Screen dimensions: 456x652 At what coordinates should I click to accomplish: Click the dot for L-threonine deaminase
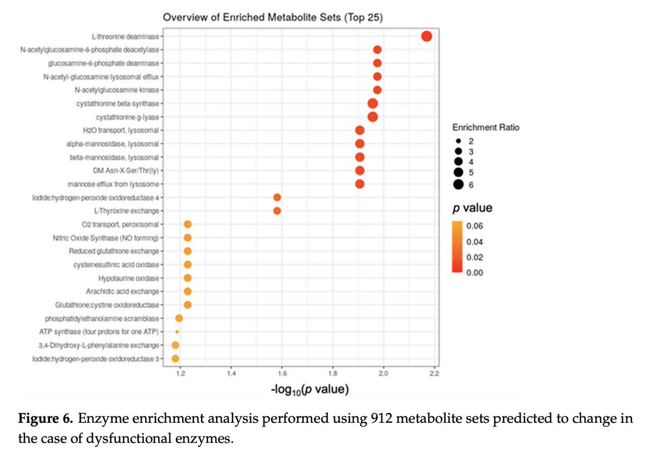click(x=427, y=36)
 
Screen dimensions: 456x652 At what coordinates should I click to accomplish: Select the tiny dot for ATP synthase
click(x=177, y=332)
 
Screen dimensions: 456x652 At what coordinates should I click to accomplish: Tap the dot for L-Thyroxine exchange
click(x=277, y=211)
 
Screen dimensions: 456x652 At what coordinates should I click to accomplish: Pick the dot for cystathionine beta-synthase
click(x=373, y=103)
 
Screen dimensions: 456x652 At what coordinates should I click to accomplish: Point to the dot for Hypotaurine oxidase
click(x=187, y=278)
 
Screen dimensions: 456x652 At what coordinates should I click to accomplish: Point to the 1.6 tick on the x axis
click(x=282, y=373)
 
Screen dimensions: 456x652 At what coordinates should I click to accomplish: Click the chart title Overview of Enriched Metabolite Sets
click(x=273, y=17)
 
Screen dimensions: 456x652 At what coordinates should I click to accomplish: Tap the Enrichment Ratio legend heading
click(x=485, y=127)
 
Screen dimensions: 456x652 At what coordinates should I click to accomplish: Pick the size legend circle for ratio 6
click(x=459, y=184)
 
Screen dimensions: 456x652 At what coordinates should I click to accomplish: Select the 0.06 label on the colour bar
click(x=475, y=226)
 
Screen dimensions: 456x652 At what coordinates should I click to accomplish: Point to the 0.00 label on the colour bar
click(x=475, y=272)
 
